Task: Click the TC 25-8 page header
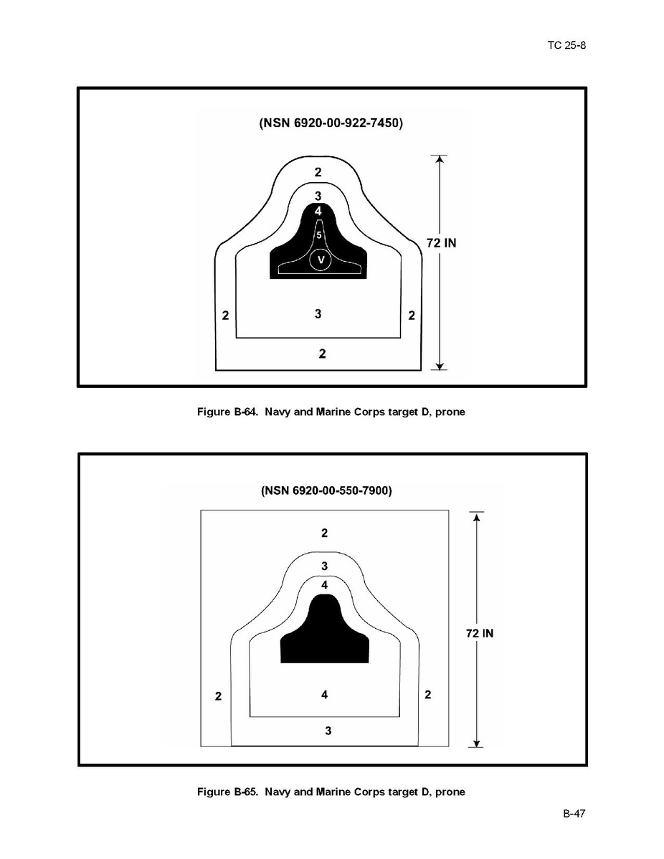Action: click(x=567, y=45)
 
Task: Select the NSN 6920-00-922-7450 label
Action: click(x=331, y=123)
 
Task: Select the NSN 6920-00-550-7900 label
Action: click(x=326, y=491)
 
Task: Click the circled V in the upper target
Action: click(x=321, y=260)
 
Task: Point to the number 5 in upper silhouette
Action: click(x=318, y=234)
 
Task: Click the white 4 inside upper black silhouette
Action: click(x=318, y=211)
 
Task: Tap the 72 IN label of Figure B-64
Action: click(x=441, y=243)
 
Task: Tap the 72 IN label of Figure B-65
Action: click(x=479, y=633)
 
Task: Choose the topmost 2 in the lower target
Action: click(x=325, y=533)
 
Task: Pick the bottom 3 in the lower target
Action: click(x=328, y=731)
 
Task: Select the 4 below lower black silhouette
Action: click(x=325, y=694)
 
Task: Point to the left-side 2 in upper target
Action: click(x=225, y=315)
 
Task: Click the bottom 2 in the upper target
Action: click(x=322, y=353)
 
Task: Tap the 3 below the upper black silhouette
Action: click(x=318, y=313)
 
